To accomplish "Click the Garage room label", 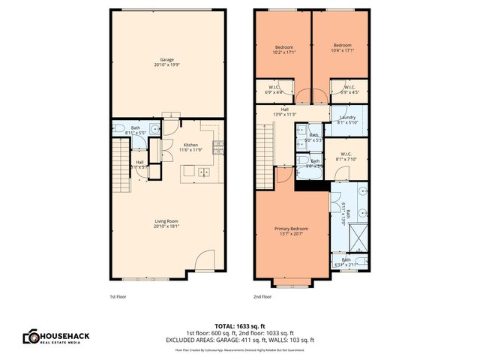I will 168,62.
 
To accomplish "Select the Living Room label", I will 166,223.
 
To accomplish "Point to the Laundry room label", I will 348,120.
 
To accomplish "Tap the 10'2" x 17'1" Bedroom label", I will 283,49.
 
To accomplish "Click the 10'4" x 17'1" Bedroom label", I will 342,49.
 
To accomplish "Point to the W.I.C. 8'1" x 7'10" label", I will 351,156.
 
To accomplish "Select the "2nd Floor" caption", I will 262,297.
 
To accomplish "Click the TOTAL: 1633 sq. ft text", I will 239,326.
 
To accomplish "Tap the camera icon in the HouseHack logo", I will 32,337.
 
